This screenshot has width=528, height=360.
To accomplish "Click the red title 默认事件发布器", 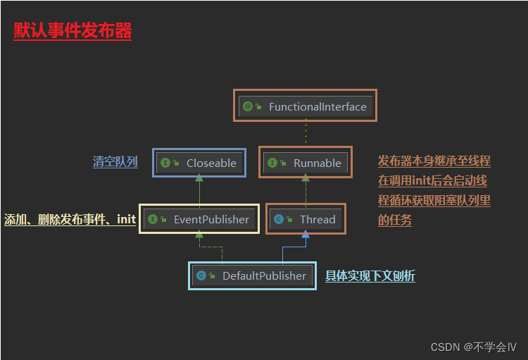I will pos(73,31).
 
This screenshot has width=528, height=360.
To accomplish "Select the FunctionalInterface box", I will pos(305,106).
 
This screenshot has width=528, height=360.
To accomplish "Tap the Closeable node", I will pos(199,163).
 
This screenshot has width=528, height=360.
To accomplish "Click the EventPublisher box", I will pos(199,219).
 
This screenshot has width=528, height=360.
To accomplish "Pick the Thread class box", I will pos(306,219).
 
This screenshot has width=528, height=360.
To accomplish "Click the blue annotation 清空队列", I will pos(115,162).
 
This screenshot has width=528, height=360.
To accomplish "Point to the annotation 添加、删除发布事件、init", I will pos(70,219).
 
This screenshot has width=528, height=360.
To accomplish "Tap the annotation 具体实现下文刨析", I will pos(370,275).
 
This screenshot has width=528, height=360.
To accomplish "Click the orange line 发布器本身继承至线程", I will pos(434,161).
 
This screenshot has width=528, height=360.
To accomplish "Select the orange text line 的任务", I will pos(395,220).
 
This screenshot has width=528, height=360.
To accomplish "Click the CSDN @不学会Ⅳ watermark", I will pos(473,347).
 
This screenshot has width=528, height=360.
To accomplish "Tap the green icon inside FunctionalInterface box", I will pos(248,107).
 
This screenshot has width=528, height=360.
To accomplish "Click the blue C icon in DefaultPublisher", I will pos(202,275).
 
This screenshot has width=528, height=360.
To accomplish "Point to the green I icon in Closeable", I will pos(165,163).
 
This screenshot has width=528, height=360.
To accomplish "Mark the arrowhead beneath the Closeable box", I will pos(199,180).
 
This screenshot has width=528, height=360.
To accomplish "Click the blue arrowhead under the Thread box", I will pos(306,235).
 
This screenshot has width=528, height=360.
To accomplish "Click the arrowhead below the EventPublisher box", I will pos(199,235).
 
